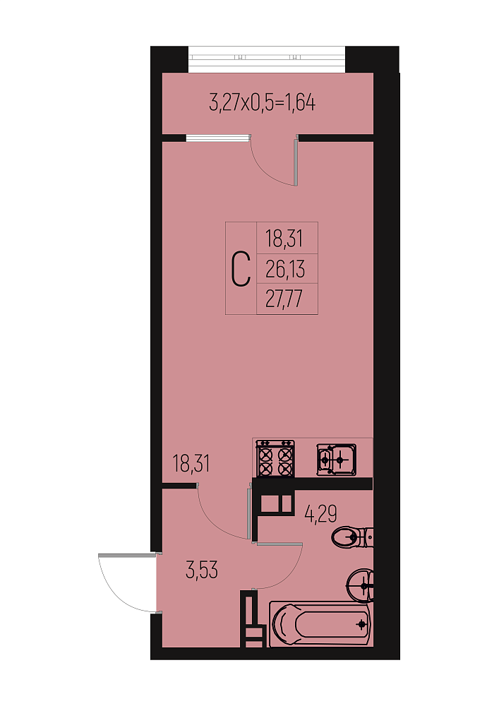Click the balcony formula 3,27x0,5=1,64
[263, 102]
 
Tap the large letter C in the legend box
[241, 269]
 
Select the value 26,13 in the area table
[285, 269]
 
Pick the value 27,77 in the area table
[284, 299]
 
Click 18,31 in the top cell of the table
[284, 239]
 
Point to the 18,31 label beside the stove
[191, 463]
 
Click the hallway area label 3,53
[202, 570]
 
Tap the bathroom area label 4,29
[321, 513]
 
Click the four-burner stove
[275, 458]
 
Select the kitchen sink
[336, 460]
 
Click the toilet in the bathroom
[352, 537]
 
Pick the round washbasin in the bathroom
[360, 585]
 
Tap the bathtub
[320, 624]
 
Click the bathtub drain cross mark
[361, 624]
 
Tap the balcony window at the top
[267, 59]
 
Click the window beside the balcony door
[218, 138]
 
